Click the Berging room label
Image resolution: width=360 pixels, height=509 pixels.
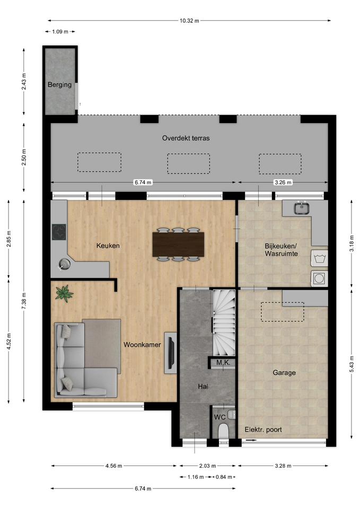pyautogui.click(x=59, y=85)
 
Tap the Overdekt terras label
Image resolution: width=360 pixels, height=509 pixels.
pyautogui.click(x=186, y=138)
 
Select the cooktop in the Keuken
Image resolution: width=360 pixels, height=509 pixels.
pyautogui.click(x=59, y=232)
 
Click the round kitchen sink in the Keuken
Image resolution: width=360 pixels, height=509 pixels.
pyautogui.click(x=64, y=264)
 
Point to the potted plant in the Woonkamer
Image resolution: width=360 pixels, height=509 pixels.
pyautogui.click(x=64, y=293)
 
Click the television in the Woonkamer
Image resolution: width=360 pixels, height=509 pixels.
pyautogui.click(x=171, y=353)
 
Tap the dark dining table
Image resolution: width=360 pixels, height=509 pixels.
pyautogui.click(x=178, y=244)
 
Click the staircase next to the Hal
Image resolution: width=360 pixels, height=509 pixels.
pyautogui.click(x=224, y=323)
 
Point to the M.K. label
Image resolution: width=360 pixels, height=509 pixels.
pyautogui.click(x=223, y=363)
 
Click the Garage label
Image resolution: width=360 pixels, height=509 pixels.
pyautogui.click(x=284, y=373)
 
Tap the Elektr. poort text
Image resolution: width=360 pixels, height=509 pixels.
pyautogui.click(x=264, y=430)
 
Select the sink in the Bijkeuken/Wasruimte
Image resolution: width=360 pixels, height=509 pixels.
pyautogui.click(x=302, y=208)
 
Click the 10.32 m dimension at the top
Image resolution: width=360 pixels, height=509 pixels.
pyautogui.click(x=189, y=21)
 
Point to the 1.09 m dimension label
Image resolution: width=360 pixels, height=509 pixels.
pyautogui.click(x=60, y=32)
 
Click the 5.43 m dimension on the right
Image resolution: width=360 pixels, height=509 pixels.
pyautogui.click(x=352, y=364)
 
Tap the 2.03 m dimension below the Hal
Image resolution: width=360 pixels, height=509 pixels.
pyautogui.click(x=207, y=466)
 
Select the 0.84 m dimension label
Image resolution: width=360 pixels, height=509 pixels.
pyautogui.click(x=224, y=477)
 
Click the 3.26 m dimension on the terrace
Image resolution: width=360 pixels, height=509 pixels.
pyautogui.click(x=283, y=182)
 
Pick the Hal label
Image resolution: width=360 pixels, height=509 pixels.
pyautogui.click(x=203, y=387)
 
